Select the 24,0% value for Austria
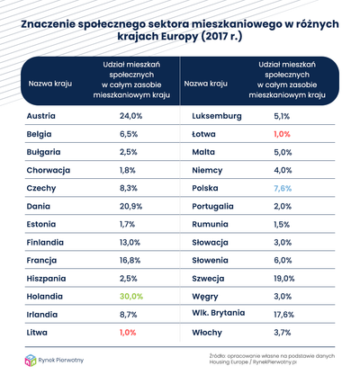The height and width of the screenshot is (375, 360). click(x=132, y=116)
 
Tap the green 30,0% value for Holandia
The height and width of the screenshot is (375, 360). click(x=132, y=296)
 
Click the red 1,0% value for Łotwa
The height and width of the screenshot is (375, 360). click(x=283, y=134)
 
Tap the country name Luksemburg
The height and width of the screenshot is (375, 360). click(x=215, y=116)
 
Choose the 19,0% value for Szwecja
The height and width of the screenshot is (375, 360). click(x=285, y=278)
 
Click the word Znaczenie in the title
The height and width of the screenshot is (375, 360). click(x=53, y=26)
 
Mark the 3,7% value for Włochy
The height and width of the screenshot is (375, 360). click(x=283, y=332)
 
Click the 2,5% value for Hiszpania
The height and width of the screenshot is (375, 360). click(x=130, y=278)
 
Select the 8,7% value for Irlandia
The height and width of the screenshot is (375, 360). click(x=130, y=314)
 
